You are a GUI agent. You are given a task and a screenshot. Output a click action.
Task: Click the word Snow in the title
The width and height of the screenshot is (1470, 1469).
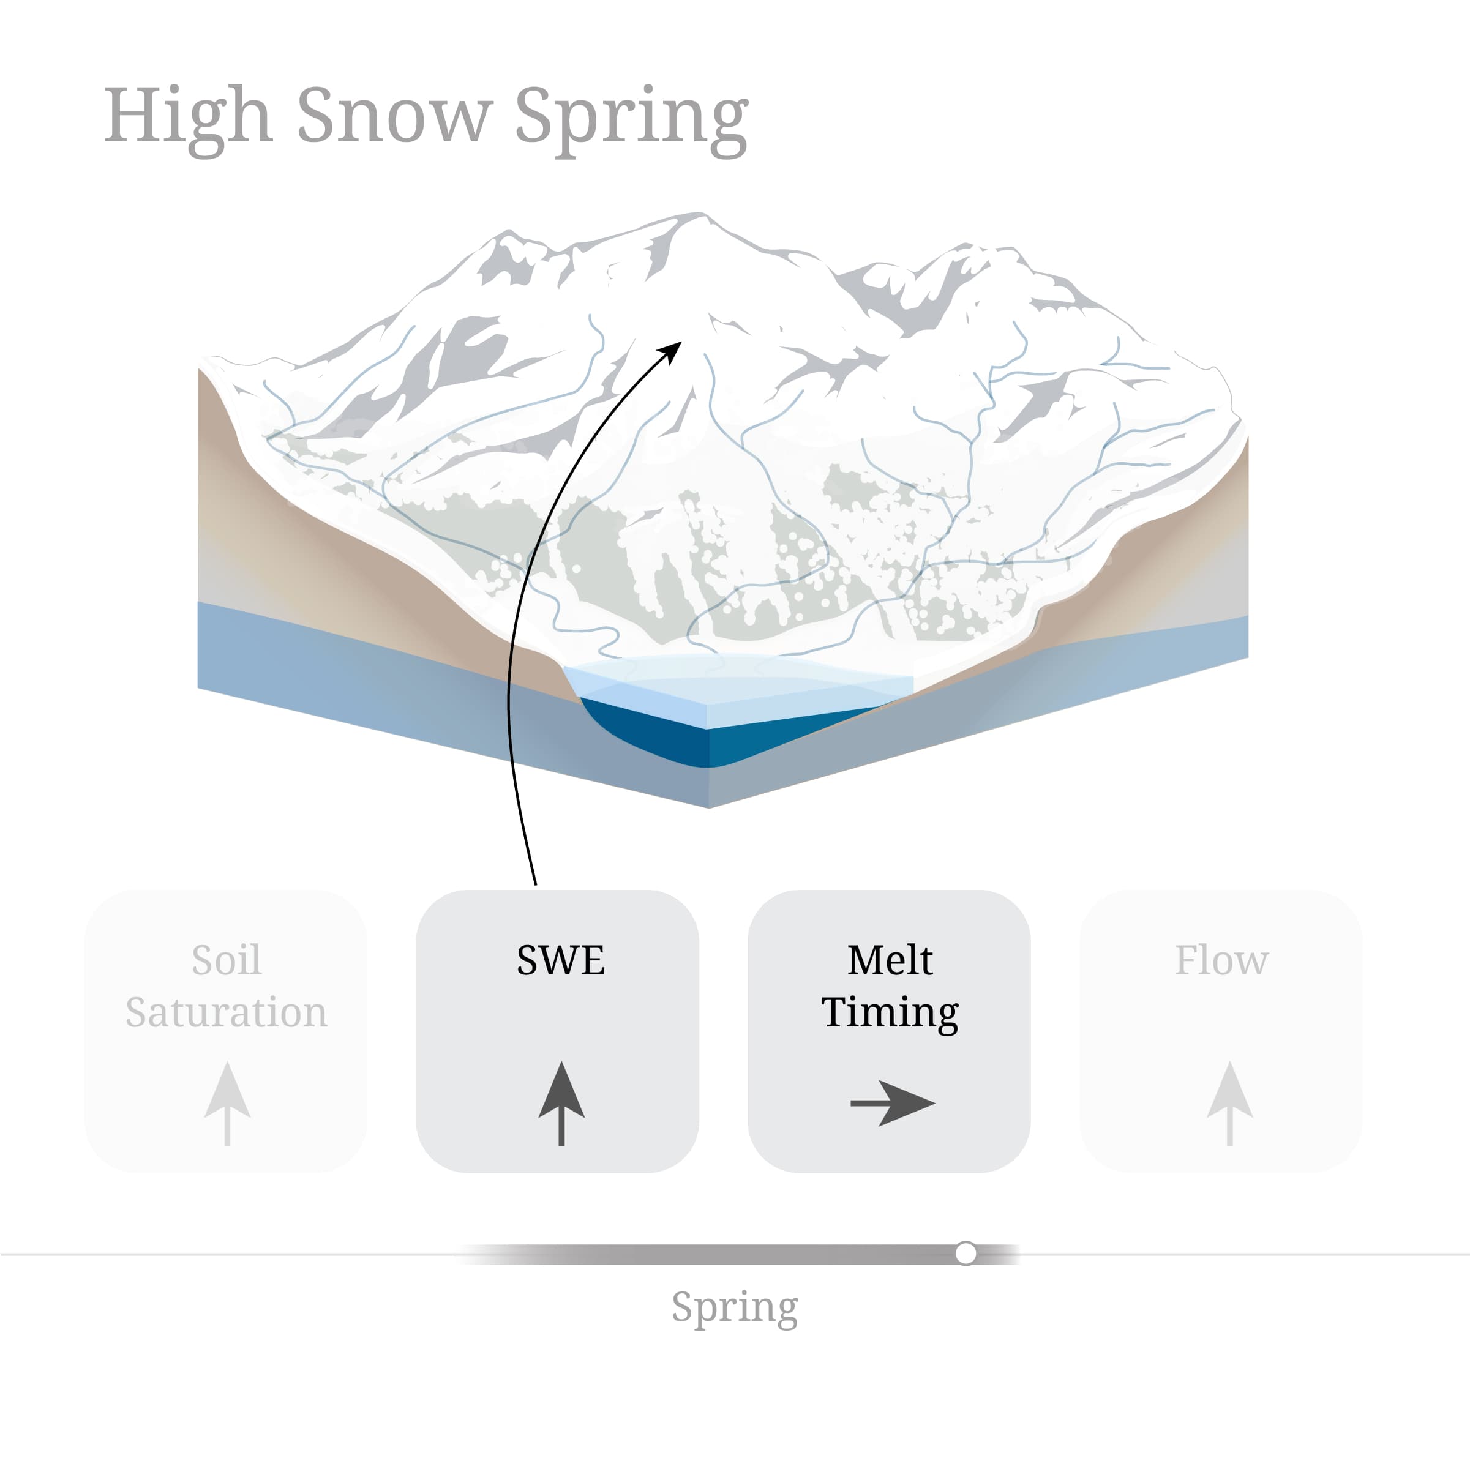[x=394, y=115]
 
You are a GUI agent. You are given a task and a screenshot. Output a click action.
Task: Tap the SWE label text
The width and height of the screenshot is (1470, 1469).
[x=561, y=960]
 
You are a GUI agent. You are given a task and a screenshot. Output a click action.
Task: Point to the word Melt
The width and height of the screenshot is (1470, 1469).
[x=890, y=960]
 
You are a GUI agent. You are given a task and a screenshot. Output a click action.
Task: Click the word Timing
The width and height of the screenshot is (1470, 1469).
[x=890, y=1012]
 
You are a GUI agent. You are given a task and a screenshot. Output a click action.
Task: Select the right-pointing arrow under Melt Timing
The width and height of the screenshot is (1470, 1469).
[x=892, y=1102]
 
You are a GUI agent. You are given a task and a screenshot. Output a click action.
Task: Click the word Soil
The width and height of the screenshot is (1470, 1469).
[x=226, y=960]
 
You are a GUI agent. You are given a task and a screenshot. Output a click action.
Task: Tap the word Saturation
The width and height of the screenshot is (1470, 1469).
[x=226, y=1012]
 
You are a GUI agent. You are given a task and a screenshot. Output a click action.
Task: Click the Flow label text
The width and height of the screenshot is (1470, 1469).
[x=1221, y=960]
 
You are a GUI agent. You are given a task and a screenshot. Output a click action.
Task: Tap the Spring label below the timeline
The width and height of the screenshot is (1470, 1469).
[x=734, y=1307]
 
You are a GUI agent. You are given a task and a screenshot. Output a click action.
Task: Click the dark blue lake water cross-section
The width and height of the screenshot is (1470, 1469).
[x=654, y=734]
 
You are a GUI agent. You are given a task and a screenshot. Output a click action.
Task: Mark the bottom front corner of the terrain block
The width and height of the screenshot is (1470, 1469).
[x=709, y=806]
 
